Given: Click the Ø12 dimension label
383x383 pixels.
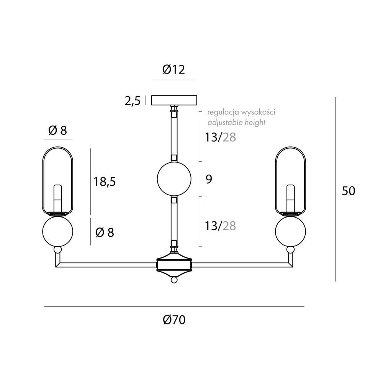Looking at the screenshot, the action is [x=173, y=70].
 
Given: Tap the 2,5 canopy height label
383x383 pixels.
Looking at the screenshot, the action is [x=133, y=101].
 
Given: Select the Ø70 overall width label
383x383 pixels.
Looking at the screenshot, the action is [x=174, y=320].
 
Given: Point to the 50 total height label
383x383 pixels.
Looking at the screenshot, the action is [x=349, y=191].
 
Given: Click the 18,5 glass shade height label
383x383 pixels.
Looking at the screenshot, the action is [x=105, y=182].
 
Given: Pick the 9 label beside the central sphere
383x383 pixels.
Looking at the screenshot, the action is [x=209, y=179].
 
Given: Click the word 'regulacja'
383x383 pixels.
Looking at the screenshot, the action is [x=223, y=112].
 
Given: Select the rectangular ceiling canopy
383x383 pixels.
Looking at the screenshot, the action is [x=174, y=100].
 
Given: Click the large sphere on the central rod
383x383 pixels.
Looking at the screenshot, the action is [x=174, y=179].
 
